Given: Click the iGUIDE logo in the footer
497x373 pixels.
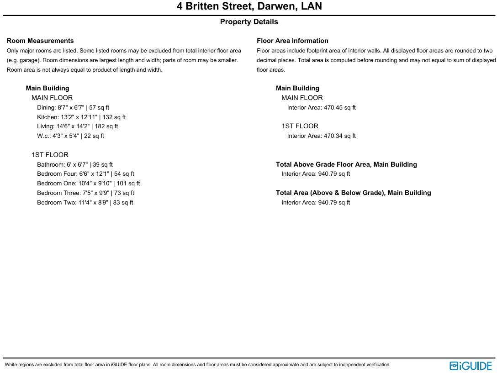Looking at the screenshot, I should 471,366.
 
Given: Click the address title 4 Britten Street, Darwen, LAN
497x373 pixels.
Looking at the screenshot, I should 249,6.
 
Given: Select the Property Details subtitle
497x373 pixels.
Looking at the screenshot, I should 249,22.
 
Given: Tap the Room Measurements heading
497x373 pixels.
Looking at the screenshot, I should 40,41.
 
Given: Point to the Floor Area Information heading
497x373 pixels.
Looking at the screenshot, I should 292,41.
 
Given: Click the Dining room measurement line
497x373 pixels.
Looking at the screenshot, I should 73,108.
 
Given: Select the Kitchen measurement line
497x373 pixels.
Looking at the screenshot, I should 81,117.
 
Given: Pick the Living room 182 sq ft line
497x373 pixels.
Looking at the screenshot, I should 78,126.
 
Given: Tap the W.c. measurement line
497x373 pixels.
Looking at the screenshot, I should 70,136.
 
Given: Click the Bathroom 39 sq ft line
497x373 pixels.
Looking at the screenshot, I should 75,164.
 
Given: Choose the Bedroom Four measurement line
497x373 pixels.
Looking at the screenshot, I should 85,174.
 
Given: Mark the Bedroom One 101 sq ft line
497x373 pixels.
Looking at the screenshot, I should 89,184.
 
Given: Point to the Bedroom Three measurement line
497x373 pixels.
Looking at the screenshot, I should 85,193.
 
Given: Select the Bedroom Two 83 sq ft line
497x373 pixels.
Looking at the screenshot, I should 85,203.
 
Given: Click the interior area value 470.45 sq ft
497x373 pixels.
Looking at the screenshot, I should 321,108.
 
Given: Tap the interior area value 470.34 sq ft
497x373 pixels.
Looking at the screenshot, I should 321,136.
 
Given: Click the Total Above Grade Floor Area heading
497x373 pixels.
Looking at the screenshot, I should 346,164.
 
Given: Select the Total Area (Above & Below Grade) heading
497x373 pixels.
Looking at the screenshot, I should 353,193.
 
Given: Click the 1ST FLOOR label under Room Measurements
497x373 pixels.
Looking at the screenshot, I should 50,155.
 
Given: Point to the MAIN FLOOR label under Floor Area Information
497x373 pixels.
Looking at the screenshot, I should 302,98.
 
